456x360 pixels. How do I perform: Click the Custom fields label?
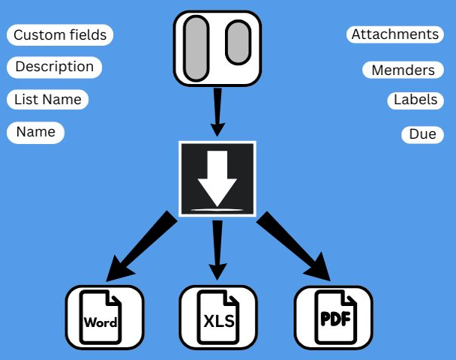pyautogui.click(x=60, y=35)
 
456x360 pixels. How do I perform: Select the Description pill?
pyautogui.click(x=54, y=67)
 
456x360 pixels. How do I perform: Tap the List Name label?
pyautogui.click(x=48, y=99)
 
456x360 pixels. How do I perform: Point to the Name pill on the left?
pyautogui.click(x=36, y=132)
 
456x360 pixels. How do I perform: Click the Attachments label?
pyautogui.click(x=394, y=34)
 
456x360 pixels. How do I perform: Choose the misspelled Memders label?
pyautogui.click(x=403, y=70)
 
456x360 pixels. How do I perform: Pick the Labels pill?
pyautogui.click(x=415, y=100)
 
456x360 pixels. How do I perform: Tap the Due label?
pyautogui.click(x=422, y=134)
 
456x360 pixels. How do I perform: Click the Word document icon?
pyautogui.click(x=103, y=317)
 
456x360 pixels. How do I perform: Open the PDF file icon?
pyautogui.click(x=333, y=317)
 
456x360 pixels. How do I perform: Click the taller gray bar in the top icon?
pyautogui.click(x=196, y=47)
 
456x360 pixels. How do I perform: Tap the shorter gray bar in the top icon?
pyautogui.click(x=237, y=43)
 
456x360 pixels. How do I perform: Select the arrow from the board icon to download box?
pyautogui.click(x=217, y=111)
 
